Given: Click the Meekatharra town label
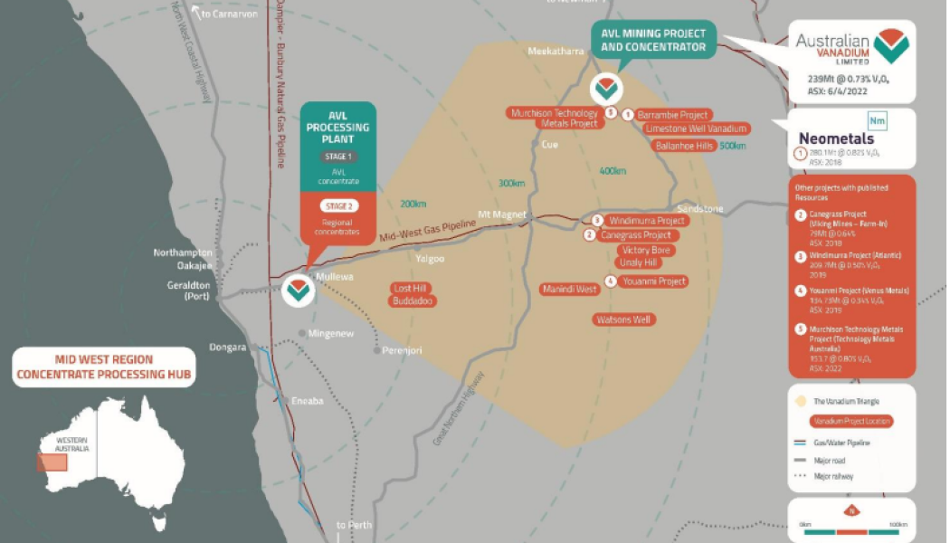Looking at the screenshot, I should point(556,52).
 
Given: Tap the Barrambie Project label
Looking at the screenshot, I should point(672,116).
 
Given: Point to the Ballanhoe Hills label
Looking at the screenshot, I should point(685,145).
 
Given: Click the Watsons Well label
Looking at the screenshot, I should point(624,319).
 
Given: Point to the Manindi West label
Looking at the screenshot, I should point(569,290).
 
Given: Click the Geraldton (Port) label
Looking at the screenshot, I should point(196,291).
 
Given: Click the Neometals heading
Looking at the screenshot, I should point(834,138).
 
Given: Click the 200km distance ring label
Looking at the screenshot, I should point(413,203).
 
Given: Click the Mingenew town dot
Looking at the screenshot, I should point(301,333).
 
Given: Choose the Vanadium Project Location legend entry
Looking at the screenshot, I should point(850,421).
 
